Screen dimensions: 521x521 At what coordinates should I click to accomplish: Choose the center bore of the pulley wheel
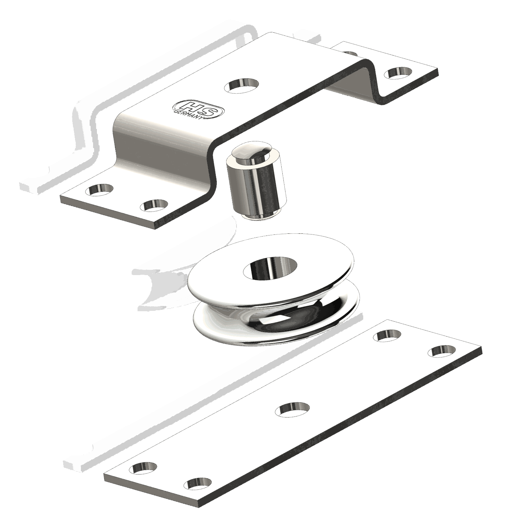pyautogui.click(x=270, y=268)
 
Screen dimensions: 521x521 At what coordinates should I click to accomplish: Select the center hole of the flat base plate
pyautogui.click(x=292, y=409)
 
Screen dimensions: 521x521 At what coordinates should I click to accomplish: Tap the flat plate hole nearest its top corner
pyautogui.click(x=389, y=335)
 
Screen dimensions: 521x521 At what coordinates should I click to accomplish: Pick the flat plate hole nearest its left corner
pyautogui.click(x=143, y=468)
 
